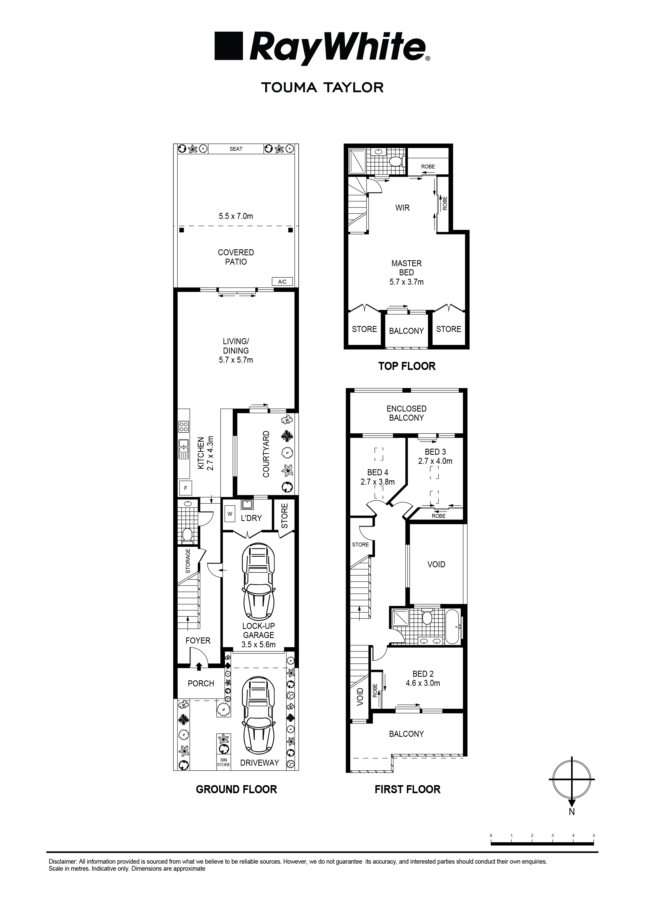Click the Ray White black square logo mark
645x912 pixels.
[x=228, y=46]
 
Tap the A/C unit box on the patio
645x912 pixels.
[x=282, y=282]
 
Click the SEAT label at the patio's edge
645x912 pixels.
[x=236, y=149]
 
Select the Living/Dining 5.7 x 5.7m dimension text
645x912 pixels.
[x=236, y=360]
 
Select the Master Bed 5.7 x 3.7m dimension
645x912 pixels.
[x=406, y=282]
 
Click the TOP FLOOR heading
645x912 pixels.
[x=407, y=366]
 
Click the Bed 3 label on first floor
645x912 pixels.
[x=435, y=452]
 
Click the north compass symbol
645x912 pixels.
[x=571, y=779]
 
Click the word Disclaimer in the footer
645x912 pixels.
[x=62, y=862]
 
